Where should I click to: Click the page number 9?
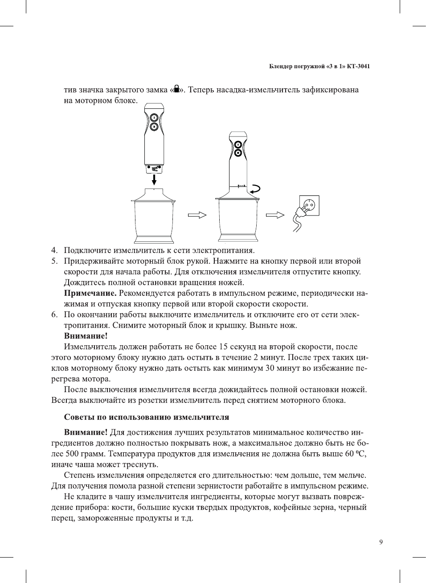(x=381, y=542)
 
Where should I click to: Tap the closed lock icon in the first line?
(x=177, y=89)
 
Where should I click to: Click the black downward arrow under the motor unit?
(x=154, y=179)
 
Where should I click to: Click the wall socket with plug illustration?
(x=307, y=211)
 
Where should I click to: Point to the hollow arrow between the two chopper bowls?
(x=197, y=215)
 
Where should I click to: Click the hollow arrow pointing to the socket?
(x=275, y=215)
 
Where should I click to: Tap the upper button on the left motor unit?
(x=154, y=118)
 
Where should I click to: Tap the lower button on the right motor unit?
(x=238, y=153)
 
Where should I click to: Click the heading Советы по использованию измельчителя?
(x=147, y=417)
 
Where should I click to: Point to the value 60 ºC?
(x=355, y=454)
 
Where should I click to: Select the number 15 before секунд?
(x=223, y=347)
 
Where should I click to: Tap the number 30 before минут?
(x=270, y=368)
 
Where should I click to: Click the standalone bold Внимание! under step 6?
(x=86, y=336)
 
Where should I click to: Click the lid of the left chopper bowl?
(x=154, y=195)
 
